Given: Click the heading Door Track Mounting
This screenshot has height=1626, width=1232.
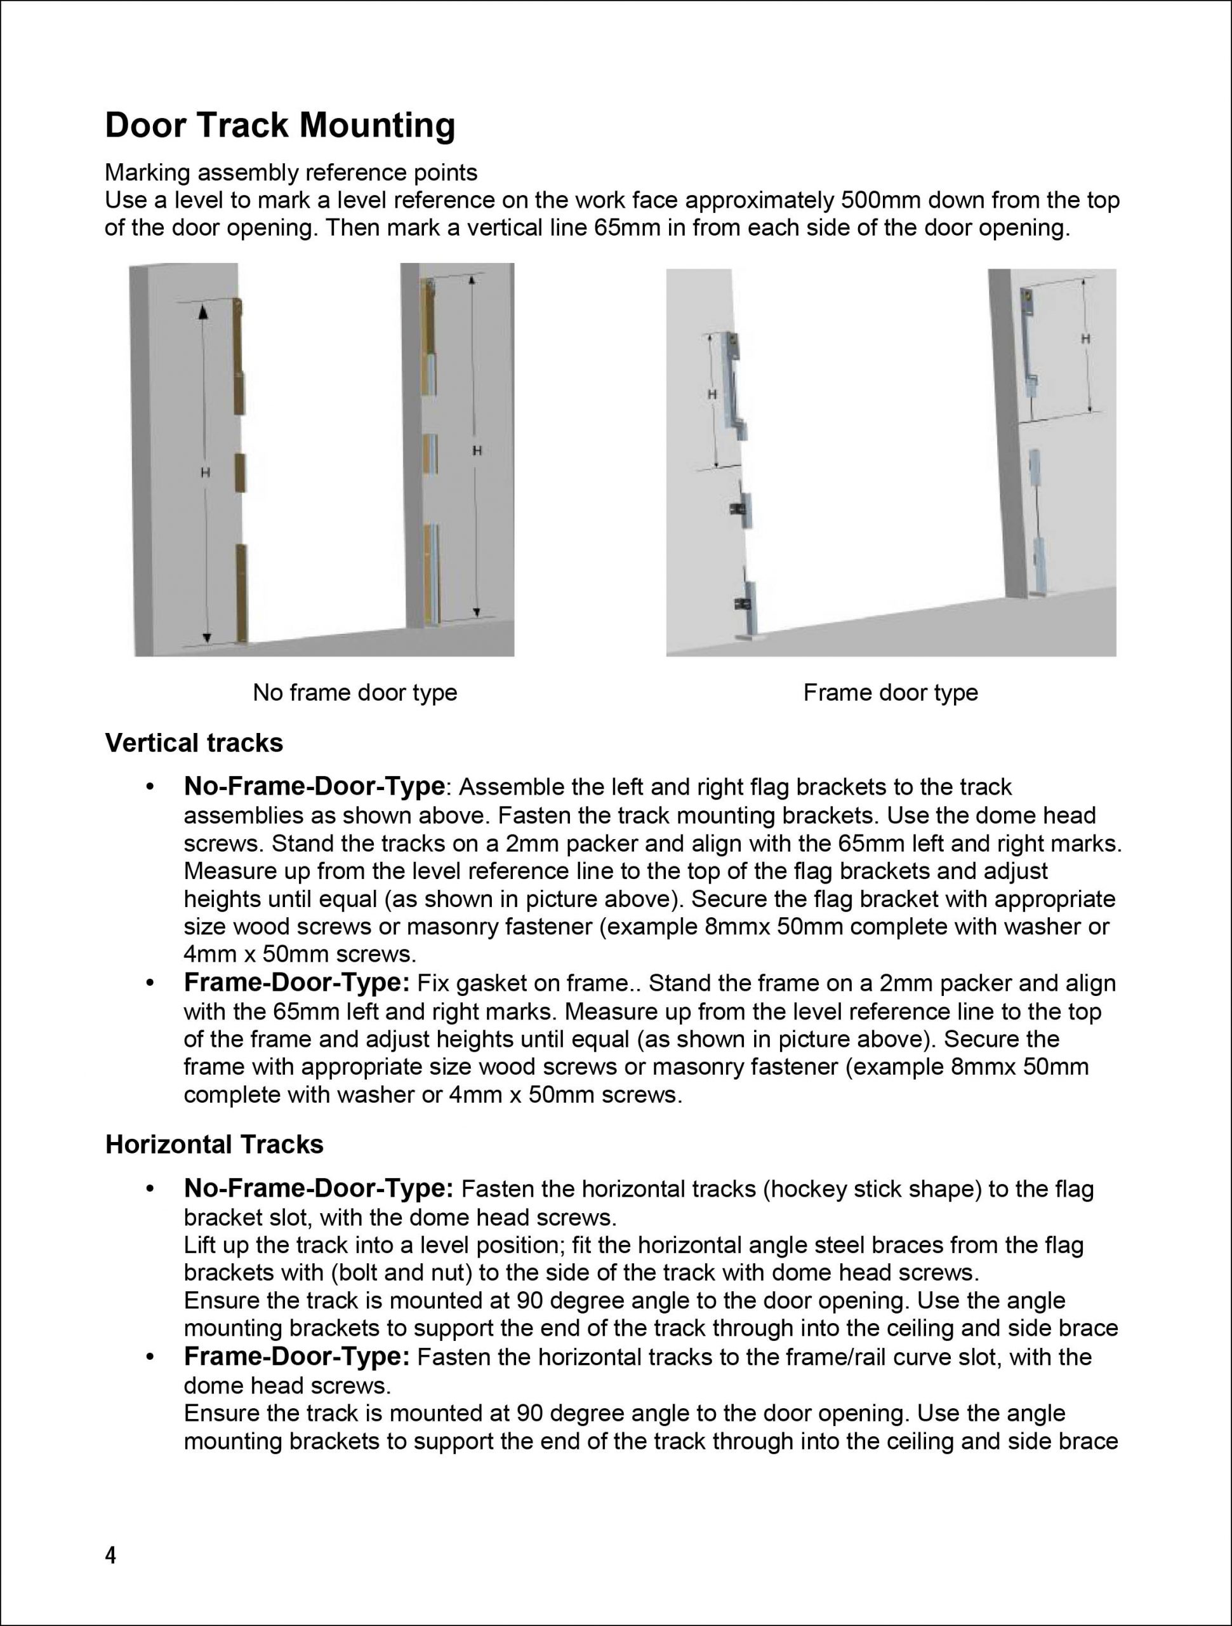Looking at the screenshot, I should tap(280, 125).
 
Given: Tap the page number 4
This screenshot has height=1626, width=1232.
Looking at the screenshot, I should tap(110, 1555).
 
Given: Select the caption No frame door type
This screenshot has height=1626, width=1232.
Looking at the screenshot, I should tap(355, 692).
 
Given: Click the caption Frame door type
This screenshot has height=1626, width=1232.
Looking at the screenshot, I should tap(891, 692).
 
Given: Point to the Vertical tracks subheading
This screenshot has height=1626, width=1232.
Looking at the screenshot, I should tap(194, 743).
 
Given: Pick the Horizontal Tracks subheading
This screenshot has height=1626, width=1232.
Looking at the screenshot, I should tap(215, 1145).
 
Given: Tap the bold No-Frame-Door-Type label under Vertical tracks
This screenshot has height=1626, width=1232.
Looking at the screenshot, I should tap(314, 786).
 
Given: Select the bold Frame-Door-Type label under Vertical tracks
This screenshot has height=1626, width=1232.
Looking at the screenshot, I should tap(296, 983).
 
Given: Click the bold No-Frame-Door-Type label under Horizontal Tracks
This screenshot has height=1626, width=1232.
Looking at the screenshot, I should tap(318, 1188).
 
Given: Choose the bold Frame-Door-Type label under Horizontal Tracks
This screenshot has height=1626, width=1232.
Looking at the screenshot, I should tap(296, 1356).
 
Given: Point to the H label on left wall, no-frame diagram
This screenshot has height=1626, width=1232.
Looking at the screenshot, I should tap(206, 473).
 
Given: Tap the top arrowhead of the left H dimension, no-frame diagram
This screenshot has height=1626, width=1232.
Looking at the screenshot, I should tap(202, 312).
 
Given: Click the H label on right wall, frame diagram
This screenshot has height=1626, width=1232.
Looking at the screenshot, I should tap(1085, 339).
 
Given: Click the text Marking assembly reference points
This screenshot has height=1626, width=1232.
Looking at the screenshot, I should tap(291, 173).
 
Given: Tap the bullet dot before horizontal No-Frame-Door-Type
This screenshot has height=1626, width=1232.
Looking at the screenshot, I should tap(150, 1190).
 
